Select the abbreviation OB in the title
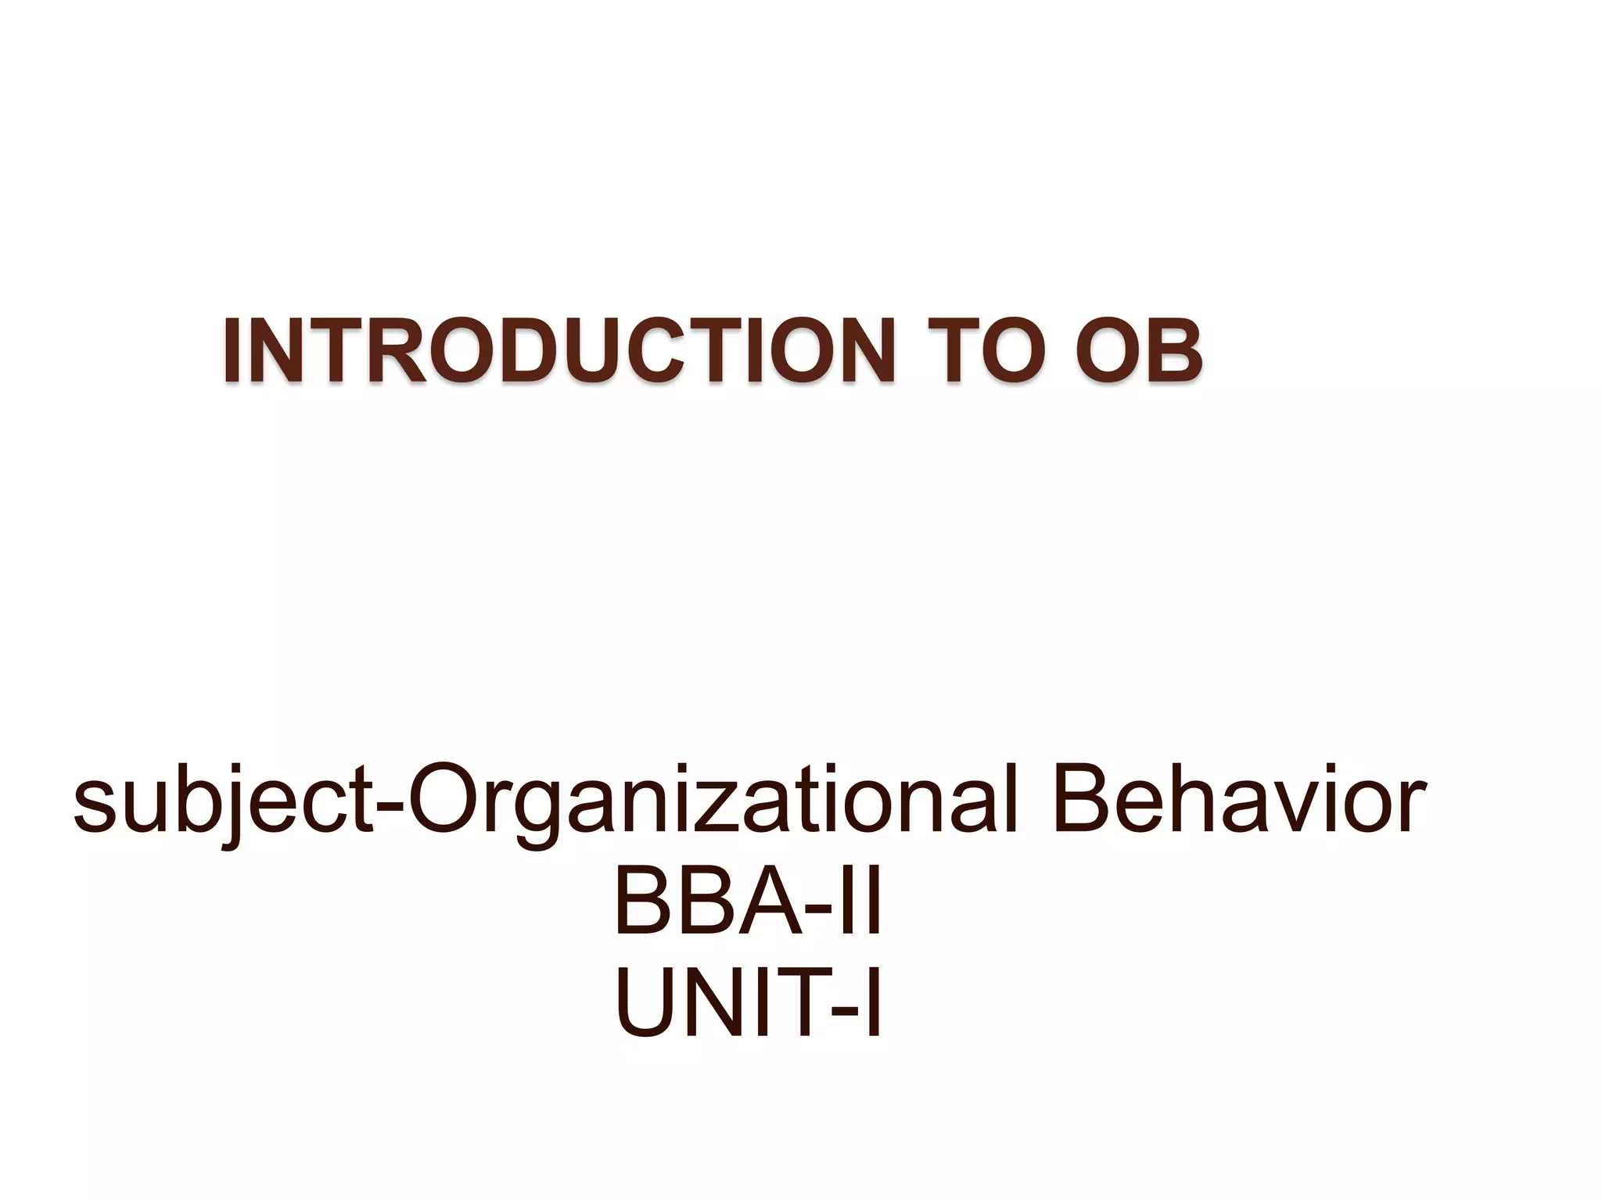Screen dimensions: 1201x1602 click(1138, 352)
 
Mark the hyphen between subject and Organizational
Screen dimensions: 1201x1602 click(389, 805)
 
